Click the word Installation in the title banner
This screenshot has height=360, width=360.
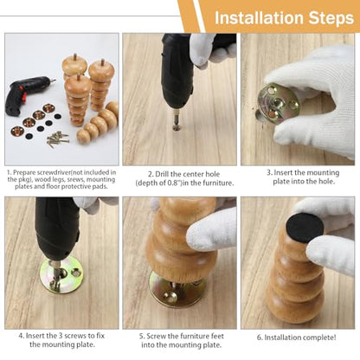pos(260,18)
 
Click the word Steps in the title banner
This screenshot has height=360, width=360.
pos(331,18)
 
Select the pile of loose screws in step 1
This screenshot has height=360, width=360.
pos(58,138)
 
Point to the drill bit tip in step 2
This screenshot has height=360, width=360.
pos(177,127)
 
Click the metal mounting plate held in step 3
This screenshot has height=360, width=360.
pos(279,103)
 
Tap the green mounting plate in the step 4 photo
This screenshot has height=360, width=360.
pos(61,275)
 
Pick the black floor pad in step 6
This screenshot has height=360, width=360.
pos(305,228)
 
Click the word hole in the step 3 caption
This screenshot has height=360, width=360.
pos(325,182)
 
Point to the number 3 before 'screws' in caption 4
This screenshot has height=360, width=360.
pos(60,336)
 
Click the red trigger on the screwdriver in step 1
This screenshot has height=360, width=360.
pos(24,99)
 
